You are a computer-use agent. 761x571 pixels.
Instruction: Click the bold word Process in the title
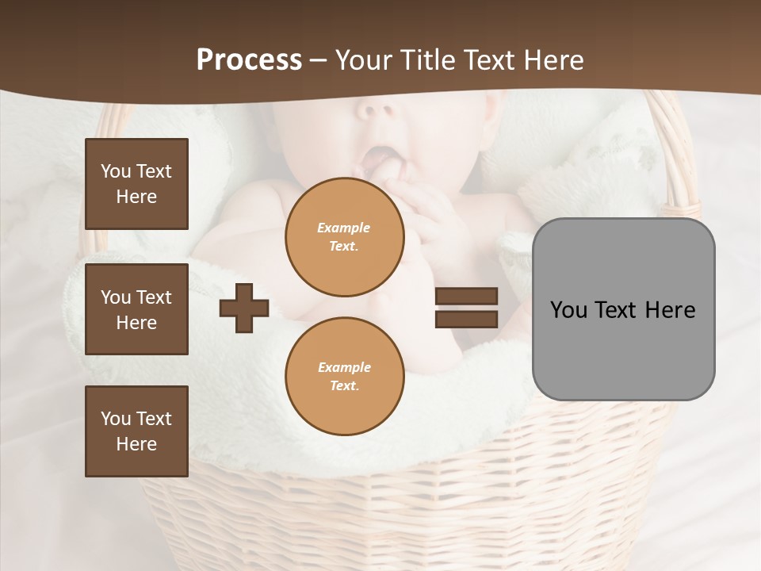(x=249, y=60)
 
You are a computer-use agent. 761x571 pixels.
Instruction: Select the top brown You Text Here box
(x=136, y=184)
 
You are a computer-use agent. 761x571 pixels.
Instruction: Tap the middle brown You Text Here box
(x=136, y=309)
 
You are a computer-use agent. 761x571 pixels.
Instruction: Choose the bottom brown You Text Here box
(x=136, y=431)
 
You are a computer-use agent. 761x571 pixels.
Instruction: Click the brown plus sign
(x=244, y=308)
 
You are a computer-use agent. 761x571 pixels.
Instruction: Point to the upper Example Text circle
(x=344, y=237)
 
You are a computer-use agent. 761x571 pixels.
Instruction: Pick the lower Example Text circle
(x=344, y=377)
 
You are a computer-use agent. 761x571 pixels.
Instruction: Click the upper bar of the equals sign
(x=466, y=297)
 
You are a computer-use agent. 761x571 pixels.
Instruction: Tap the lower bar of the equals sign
(x=466, y=320)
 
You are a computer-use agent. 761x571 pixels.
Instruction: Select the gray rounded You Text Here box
(x=623, y=309)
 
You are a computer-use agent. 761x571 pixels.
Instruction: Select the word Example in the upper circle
(x=344, y=228)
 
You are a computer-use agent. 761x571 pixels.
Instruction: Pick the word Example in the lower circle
(x=344, y=368)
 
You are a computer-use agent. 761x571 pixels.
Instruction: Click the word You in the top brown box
(x=115, y=171)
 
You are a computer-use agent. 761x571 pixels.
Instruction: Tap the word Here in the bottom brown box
(x=136, y=444)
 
